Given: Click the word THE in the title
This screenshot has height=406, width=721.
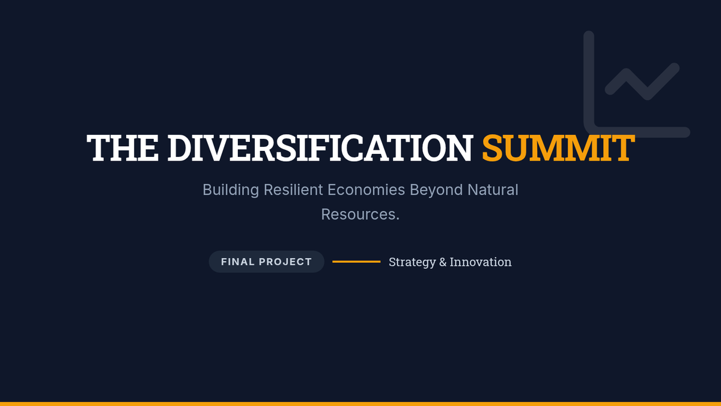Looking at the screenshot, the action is pyautogui.click(x=123, y=148).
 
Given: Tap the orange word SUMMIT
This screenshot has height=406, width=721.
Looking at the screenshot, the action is pyautogui.click(x=558, y=148).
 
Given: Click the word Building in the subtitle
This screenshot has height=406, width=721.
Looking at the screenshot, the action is pyautogui.click(x=231, y=190).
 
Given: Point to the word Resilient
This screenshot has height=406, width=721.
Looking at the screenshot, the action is pyautogui.click(x=293, y=189).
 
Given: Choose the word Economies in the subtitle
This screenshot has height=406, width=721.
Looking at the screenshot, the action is pyautogui.click(x=367, y=189).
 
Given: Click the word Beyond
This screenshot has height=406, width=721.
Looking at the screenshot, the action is pyautogui.click(x=436, y=190).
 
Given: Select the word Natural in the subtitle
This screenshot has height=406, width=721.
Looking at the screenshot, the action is pyautogui.click(x=493, y=189).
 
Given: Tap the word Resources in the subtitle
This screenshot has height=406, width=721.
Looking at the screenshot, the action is pyautogui.click(x=358, y=214).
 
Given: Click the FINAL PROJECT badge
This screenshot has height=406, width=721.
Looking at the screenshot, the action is pyautogui.click(x=267, y=262).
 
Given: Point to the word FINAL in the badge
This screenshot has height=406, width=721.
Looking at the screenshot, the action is pyautogui.click(x=238, y=262).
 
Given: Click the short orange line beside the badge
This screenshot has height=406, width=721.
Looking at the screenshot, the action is pyautogui.click(x=356, y=262).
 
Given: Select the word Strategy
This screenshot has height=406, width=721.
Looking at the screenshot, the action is pyautogui.click(x=412, y=262).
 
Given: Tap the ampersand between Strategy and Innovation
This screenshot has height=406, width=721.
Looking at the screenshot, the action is pyautogui.click(x=443, y=262).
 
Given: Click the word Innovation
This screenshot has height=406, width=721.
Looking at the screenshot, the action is pyautogui.click(x=481, y=262).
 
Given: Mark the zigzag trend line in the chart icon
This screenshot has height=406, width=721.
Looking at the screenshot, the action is pyautogui.click(x=642, y=81).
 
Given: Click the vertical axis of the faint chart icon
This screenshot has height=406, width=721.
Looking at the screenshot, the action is pyautogui.click(x=589, y=81).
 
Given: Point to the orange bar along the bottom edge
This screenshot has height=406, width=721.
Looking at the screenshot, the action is pyautogui.click(x=360, y=404).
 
